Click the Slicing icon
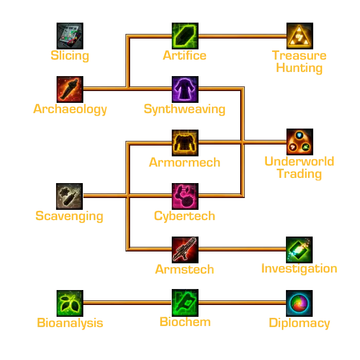click(x=70, y=35)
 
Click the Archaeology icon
click(x=70, y=88)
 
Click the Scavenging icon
click(x=70, y=195)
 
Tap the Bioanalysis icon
click(x=70, y=302)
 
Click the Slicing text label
click(x=70, y=56)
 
